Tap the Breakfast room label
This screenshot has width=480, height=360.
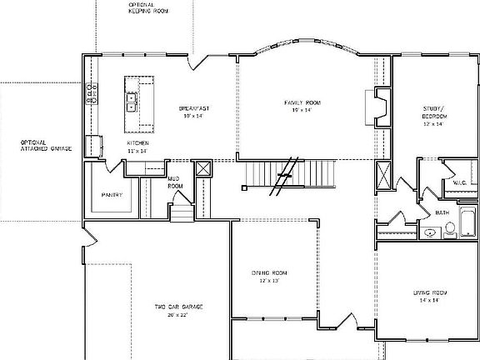(192, 108)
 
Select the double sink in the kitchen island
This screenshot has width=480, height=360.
(132, 102)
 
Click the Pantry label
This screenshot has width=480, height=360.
(112, 195)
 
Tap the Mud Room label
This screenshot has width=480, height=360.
(175, 182)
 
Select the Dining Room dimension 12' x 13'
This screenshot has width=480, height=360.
(269, 281)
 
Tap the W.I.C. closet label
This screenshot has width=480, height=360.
(458, 182)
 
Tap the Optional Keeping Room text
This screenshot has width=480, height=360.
(149, 7)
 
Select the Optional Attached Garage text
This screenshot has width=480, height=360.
(46, 146)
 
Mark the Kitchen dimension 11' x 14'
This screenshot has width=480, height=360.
(137, 151)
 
